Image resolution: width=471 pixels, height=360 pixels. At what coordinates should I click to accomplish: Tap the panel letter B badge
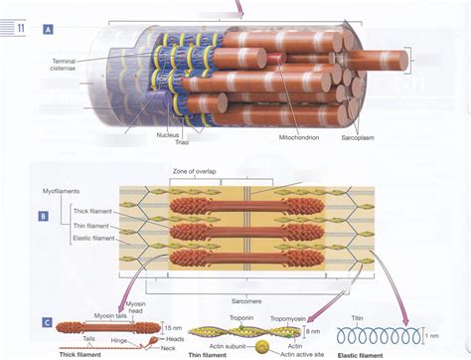click(x=44, y=216)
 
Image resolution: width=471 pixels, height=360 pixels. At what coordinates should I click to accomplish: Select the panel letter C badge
click(x=47, y=295)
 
